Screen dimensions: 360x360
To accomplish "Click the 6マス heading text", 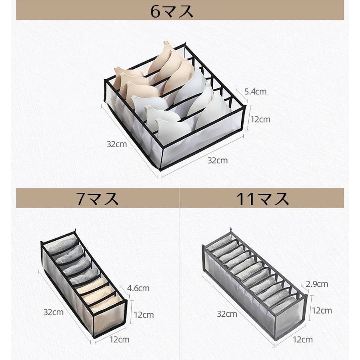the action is point(172,11).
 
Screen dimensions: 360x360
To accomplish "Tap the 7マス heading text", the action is point(98,198).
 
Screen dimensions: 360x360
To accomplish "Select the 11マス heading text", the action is point(262,198).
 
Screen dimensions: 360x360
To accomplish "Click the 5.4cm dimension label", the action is point(255,92).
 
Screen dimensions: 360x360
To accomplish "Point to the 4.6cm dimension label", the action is point(138,288).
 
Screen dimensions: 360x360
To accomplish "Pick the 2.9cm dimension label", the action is point(317,284).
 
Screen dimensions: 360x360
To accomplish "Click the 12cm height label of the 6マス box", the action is point(260,120).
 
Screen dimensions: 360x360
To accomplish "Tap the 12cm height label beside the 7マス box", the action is point(144,315).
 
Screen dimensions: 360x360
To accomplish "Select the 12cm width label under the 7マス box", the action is point(119,340).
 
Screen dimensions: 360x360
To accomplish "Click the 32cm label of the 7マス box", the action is point(54,312).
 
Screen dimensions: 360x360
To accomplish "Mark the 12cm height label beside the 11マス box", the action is point(322,311).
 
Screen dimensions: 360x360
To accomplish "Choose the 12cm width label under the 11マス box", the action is point(303,340).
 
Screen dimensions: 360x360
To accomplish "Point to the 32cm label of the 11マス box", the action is point(227,314).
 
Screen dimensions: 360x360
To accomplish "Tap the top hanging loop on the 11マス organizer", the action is point(231,230).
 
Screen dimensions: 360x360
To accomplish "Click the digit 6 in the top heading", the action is point(155,12).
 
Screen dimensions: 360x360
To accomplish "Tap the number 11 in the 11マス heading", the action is point(246,199).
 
